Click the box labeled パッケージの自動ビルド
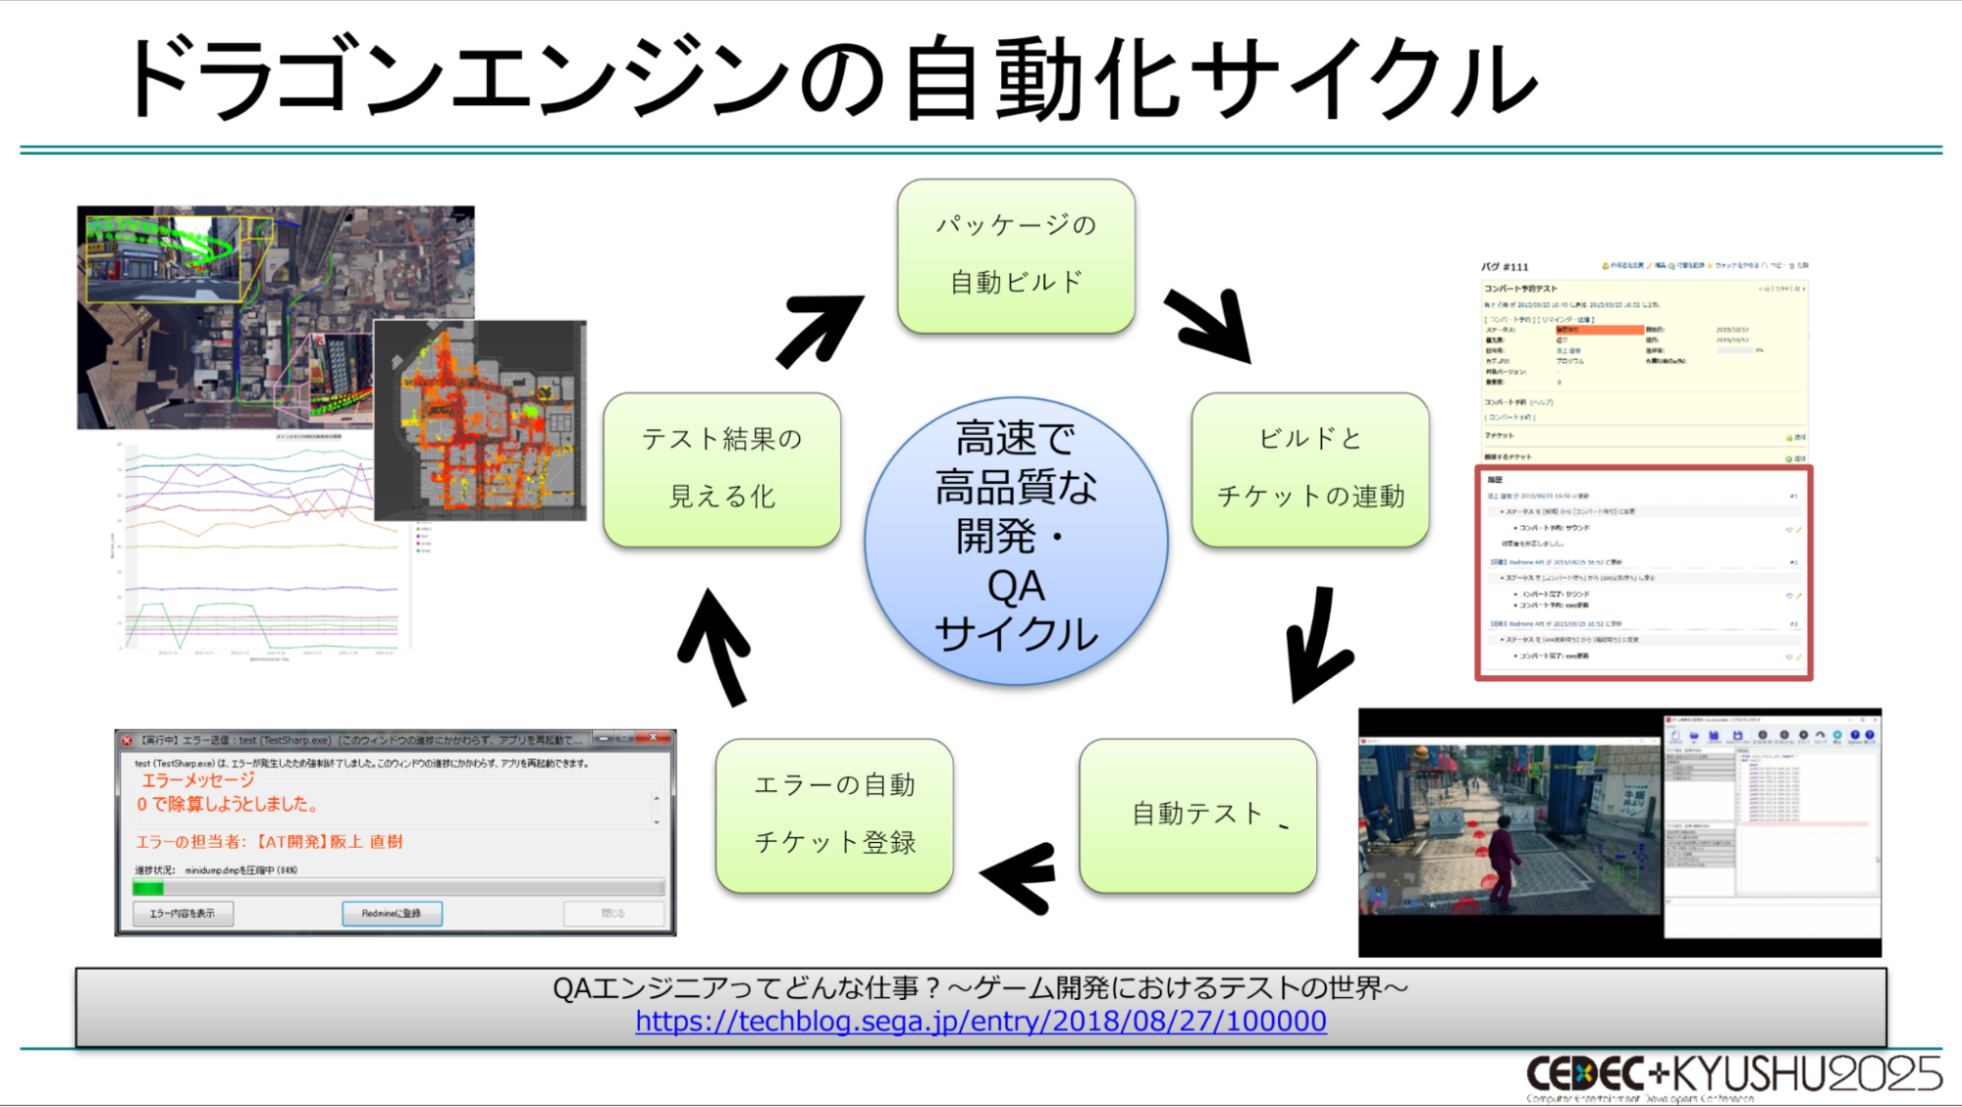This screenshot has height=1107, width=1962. pyautogui.click(x=1016, y=255)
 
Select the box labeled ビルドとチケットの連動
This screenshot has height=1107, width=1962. pyautogui.click(x=1310, y=469)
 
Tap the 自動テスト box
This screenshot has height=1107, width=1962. pyautogui.click(x=1197, y=815)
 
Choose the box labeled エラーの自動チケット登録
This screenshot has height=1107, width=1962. pyautogui.click(x=834, y=815)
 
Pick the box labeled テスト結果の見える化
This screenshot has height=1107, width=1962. pyautogui.click(x=722, y=469)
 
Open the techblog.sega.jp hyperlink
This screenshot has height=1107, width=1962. pyautogui.click(x=981, y=1022)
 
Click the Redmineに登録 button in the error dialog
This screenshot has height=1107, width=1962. pyautogui.click(x=392, y=914)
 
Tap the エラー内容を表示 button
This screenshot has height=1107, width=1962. pyautogui.click(x=183, y=914)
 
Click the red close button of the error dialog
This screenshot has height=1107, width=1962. pyautogui.click(x=653, y=738)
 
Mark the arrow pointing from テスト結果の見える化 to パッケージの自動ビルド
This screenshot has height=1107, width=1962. pyautogui.click(x=819, y=329)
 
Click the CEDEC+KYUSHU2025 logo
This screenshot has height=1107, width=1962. pyautogui.click(x=1733, y=1076)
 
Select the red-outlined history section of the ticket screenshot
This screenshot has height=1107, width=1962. pyautogui.click(x=1644, y=573)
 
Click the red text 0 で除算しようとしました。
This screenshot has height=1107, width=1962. pyautogui.click(x=228, y=805)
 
